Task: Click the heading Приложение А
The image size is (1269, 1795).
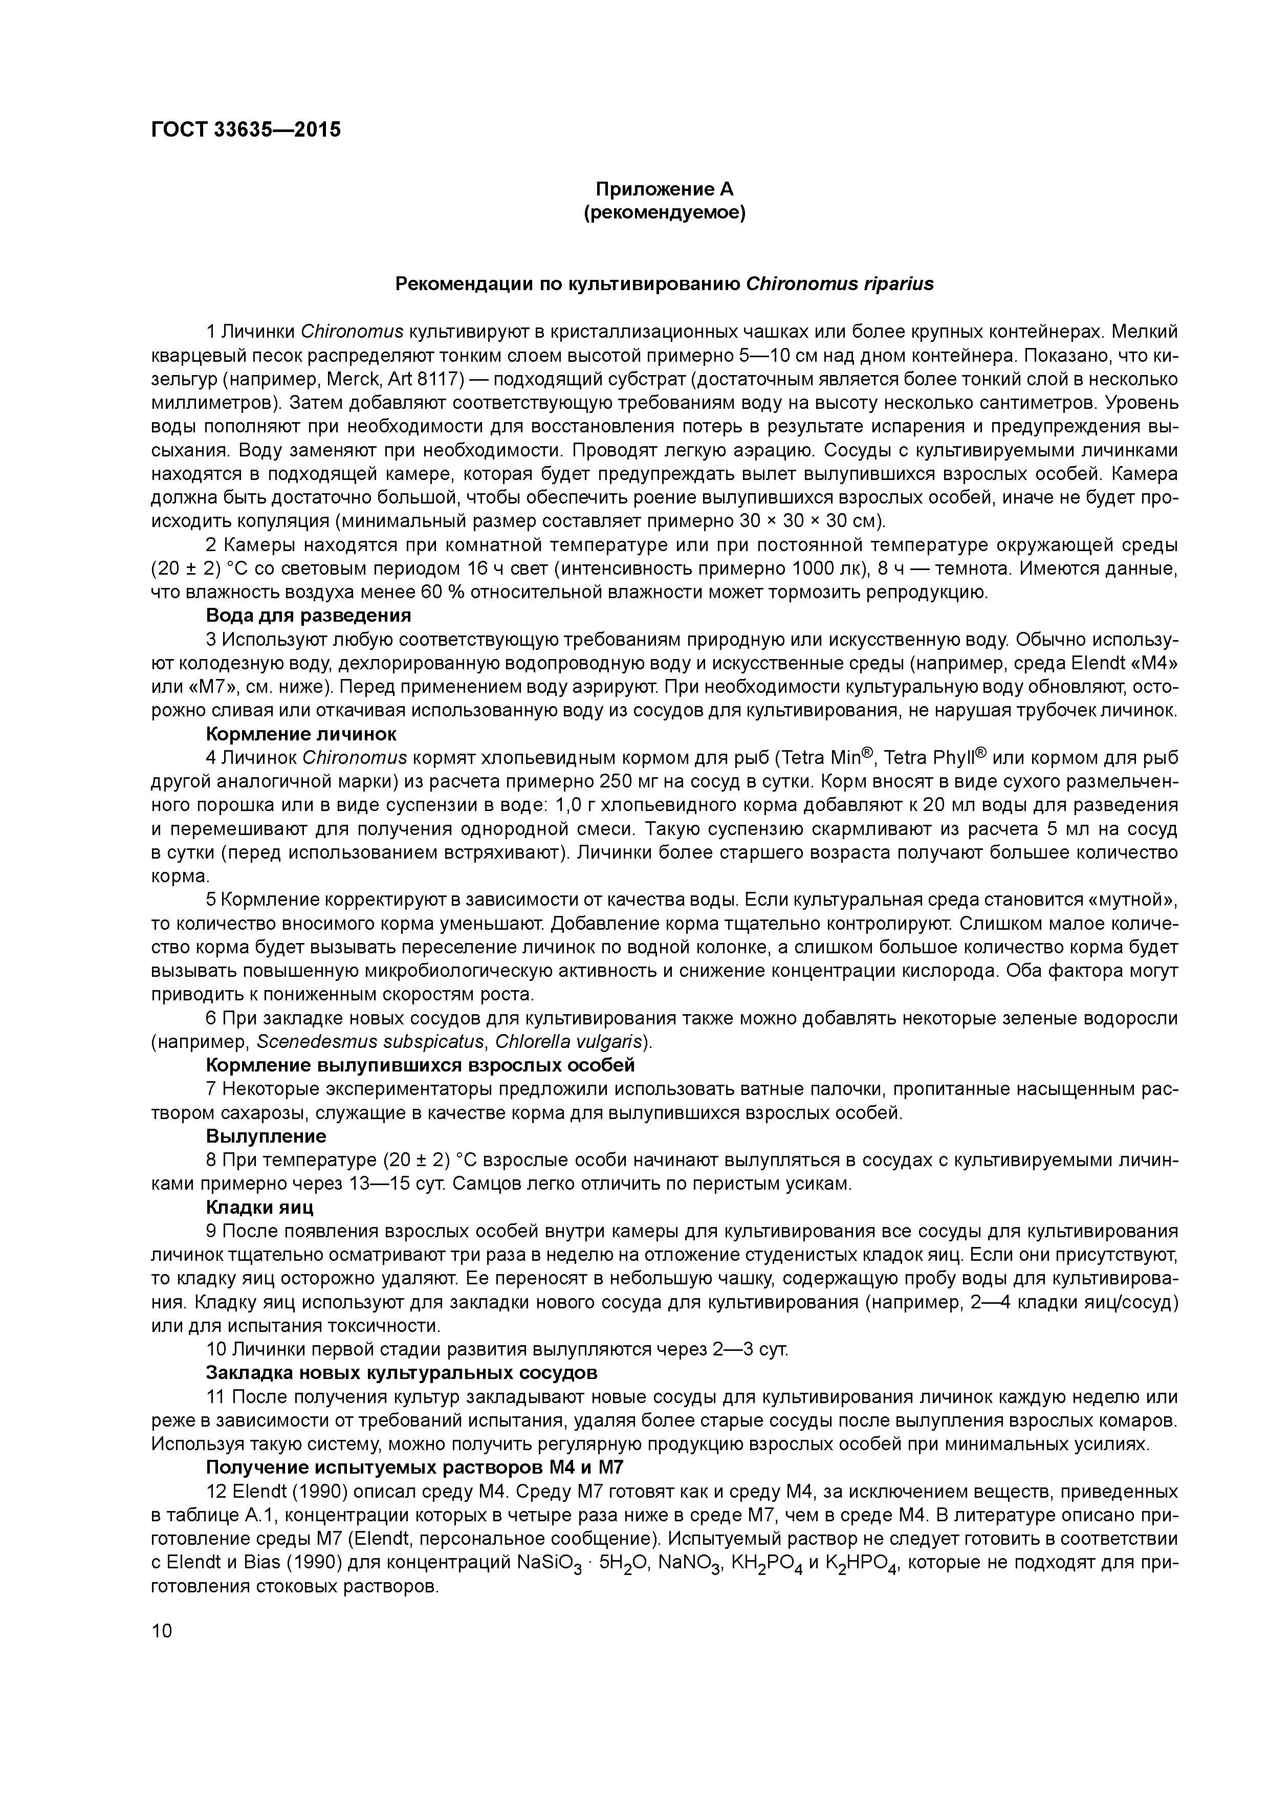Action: pos(665,189)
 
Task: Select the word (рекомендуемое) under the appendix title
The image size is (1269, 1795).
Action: pos(665,213)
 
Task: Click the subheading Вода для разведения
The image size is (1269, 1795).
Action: pos(309,616)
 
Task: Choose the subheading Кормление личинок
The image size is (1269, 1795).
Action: pos(301,734)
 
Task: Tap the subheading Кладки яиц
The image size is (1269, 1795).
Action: pos(259,1207)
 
